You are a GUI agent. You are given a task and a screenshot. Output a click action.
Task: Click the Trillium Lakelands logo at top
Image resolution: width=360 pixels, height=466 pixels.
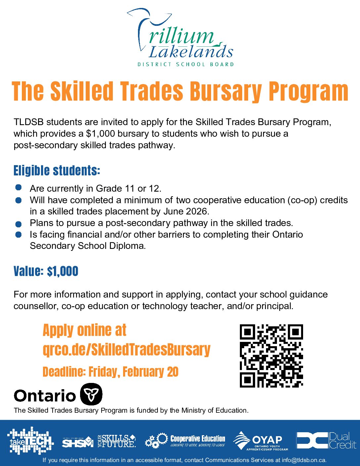point(180,38)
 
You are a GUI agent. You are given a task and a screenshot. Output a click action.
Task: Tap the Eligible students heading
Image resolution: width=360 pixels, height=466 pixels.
point(57,171)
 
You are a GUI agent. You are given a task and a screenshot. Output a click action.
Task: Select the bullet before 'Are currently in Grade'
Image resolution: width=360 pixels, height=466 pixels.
point(19,188)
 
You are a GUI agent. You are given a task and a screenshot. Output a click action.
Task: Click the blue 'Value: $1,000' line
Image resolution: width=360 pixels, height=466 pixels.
point(46,271)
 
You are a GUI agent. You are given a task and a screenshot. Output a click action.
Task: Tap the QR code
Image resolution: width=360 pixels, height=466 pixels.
point(271,356)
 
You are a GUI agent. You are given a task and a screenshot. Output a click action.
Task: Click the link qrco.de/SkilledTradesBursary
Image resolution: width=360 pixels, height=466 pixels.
point(127,350)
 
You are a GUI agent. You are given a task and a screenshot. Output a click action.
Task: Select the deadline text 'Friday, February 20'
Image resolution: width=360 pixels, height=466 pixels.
point(133,372)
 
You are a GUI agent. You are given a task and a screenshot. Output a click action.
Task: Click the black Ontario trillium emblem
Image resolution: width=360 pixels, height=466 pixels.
point(92,394)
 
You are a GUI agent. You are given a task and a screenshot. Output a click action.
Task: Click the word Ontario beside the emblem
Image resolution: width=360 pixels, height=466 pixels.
point(45,396)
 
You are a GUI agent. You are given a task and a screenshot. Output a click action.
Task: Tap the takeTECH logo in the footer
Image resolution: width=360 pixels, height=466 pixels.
point(30,441)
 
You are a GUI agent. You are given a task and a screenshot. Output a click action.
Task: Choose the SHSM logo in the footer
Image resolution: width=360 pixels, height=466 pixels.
point(77,442)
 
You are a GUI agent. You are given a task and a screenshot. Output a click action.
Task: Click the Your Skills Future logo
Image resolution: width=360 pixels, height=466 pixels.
point(116,441)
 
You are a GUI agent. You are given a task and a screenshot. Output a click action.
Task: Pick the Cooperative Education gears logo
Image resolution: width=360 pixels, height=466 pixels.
point(185,441)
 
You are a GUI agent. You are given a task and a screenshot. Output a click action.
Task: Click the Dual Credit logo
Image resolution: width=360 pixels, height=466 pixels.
point(326,441)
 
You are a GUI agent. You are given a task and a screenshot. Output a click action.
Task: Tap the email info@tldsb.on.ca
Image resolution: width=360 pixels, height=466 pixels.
point(304,460)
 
